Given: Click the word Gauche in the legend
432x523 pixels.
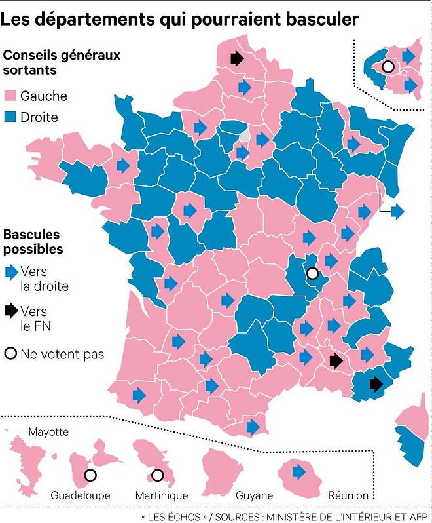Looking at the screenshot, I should (44, 96).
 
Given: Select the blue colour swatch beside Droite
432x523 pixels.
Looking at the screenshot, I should (10, 118).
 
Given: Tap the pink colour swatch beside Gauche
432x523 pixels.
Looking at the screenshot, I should (10, 96).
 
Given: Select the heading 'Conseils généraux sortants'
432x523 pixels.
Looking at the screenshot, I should (62, 62).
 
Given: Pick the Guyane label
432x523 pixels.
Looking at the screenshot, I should (236, 495).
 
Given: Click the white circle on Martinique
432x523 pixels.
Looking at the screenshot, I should (157, 475).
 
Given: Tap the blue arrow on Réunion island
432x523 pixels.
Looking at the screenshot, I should (299, 471).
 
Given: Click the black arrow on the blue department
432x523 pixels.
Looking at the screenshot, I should (375, 383).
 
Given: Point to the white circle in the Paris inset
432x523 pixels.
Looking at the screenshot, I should (387, 66).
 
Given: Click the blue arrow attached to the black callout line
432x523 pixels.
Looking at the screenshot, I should (397, 211).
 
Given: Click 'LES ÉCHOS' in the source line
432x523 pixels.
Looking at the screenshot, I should (173, 516).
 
